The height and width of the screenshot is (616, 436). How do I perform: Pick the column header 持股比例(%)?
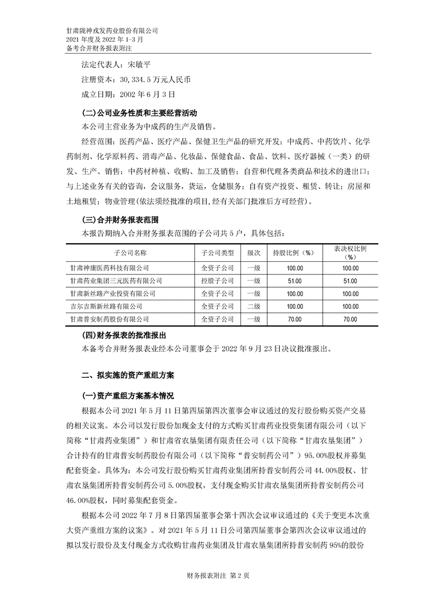(x=293, y=253)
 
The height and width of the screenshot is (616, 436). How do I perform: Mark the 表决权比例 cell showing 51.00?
(x=350, y=281)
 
